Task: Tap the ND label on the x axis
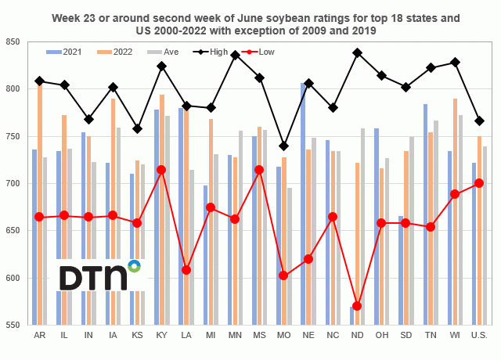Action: click(358, 335)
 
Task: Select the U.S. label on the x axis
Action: click(480, 335)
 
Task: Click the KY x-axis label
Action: click(161, 335)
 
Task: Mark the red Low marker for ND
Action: click(358, 306)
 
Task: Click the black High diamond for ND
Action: click(358, 52)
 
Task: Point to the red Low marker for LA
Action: click(186, 270)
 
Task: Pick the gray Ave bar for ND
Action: click(364, 227)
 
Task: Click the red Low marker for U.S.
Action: click(480, 183)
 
